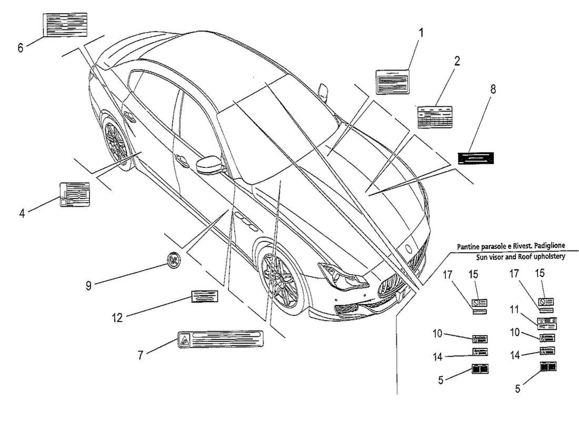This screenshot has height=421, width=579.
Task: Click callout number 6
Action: tap(20, 48)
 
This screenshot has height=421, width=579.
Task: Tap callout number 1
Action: tap(421, 33)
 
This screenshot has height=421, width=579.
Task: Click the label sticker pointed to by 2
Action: tap(435, 116)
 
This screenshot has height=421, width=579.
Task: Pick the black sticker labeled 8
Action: tap(476, 157)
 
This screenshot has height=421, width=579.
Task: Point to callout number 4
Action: tap(22, 213)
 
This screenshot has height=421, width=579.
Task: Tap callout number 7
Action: tap(140, 356)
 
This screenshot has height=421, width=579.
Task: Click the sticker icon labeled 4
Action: tap(74, 194)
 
